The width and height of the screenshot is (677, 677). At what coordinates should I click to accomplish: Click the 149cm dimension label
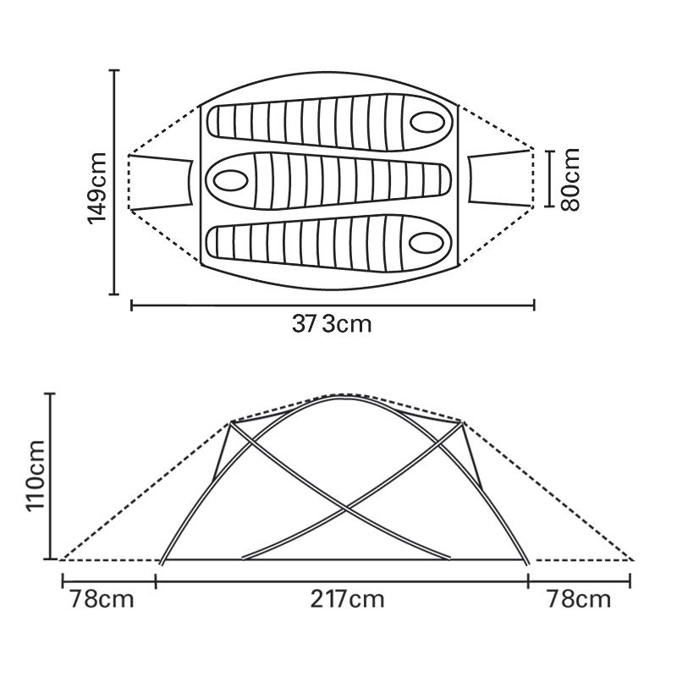96,187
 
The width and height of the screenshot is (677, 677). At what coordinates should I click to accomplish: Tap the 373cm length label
332,324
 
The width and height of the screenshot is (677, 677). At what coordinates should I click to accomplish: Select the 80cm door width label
570,179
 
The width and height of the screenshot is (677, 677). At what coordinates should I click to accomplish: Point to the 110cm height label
36,476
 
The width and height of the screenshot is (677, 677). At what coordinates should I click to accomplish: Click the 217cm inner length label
347,600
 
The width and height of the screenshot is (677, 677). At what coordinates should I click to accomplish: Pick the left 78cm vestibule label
102,600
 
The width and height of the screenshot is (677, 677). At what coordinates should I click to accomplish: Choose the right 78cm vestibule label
579,600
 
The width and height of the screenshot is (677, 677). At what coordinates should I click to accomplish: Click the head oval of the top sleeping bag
427,122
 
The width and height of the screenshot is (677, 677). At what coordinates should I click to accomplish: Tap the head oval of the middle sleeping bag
230,179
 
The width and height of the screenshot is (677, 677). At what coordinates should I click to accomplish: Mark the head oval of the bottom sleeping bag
426,243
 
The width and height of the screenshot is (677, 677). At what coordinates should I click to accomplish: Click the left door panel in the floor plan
161,181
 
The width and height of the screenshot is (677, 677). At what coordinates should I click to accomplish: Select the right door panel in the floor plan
501,178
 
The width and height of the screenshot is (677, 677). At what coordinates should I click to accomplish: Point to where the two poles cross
344,509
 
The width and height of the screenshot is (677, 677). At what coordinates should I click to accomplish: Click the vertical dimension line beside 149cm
114,182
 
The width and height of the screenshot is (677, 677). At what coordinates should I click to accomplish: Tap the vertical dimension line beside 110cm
52,476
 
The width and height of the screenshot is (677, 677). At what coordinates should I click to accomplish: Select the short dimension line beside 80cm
549,179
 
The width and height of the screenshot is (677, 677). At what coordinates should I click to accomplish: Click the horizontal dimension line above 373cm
333,305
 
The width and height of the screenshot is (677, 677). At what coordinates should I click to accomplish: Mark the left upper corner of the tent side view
231,421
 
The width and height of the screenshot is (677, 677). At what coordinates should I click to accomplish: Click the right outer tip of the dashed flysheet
632,560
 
